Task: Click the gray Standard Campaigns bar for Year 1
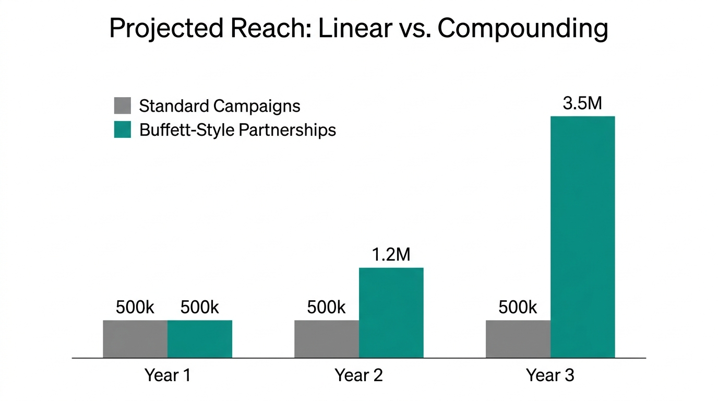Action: click(135, 339)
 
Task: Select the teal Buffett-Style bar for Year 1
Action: click(200, 339)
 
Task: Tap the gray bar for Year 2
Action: click(327, 339)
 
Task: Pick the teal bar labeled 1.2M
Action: click(391, 313)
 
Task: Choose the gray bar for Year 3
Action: click(518, 339)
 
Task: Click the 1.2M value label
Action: click(391, 255)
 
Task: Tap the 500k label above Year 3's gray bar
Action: click(518, 307)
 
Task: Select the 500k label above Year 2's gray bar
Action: click(326, 307)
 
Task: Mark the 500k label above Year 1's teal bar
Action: click(200, 307)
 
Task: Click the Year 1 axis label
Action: click(167, 375)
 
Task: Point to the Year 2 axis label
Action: click(359, 375)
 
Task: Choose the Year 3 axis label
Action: click(551, 375)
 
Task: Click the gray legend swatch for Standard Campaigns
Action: click(123, 105)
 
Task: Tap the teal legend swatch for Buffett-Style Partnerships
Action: click(123, 129)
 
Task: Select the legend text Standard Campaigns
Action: click(220, 106)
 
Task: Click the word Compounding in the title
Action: click(523, 29)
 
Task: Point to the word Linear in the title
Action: click(346, 29)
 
